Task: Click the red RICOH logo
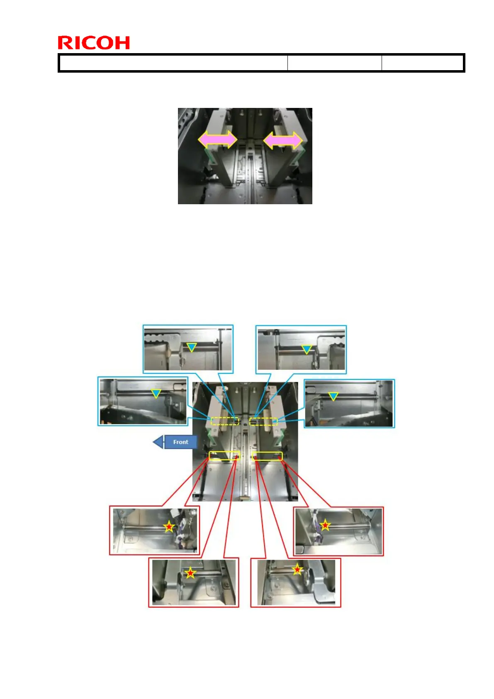coord(94,43)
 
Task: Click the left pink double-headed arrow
coord(217,139)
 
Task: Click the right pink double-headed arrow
coord(283,140)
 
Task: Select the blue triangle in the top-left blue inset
coord(191,347)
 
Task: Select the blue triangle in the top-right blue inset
coord(307,349)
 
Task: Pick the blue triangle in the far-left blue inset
coord(156,393)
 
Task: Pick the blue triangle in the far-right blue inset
coord(333,396)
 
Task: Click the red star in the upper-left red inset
coord(169,527)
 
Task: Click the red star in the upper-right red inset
coord(325,525)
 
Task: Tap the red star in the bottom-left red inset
coord(190,573)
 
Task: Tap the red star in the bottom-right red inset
coord(297,569)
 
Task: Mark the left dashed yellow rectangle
coord(225,421)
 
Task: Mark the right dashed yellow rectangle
coord(263,421)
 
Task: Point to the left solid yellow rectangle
coord(224,456)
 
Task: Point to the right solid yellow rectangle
coord(267,456)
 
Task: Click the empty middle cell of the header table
coord(334,63)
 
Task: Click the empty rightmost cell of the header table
coord(422,63)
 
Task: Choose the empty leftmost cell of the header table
coord(173,63)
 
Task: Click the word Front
coord(180,442)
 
